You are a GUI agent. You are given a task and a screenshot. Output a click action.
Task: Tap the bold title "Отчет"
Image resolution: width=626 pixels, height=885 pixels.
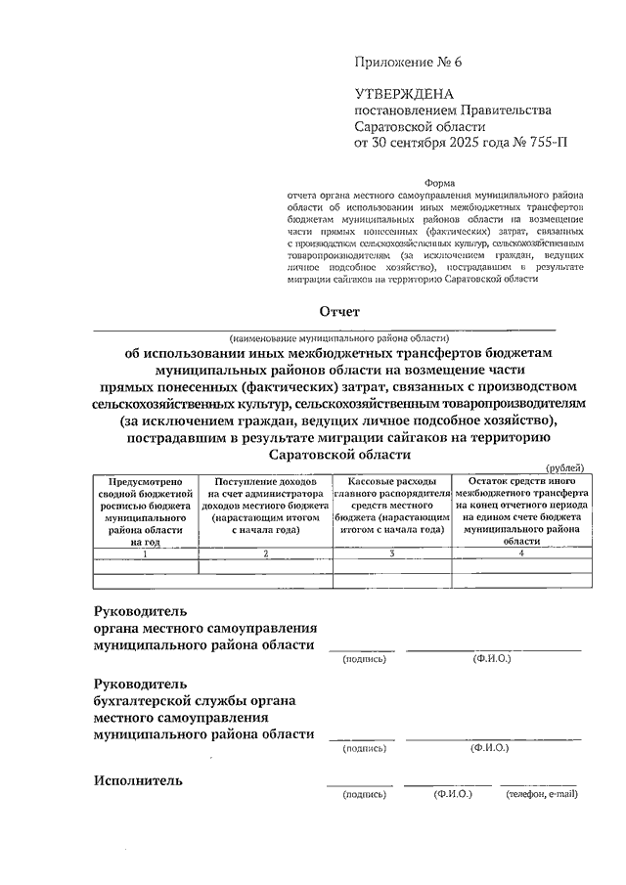pos(337,311)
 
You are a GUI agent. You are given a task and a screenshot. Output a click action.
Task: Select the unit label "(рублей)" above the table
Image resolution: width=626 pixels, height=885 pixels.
pos(564,469)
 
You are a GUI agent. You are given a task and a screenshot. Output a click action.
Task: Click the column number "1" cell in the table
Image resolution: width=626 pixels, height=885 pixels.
pos(145,553)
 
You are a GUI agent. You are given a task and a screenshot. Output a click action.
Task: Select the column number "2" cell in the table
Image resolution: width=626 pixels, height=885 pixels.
pos(264,553)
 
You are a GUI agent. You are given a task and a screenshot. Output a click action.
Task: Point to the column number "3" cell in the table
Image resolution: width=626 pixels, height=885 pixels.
pos(391,553)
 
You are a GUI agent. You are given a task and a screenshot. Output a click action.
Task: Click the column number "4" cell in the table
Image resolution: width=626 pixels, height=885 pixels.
pos(520,553)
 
